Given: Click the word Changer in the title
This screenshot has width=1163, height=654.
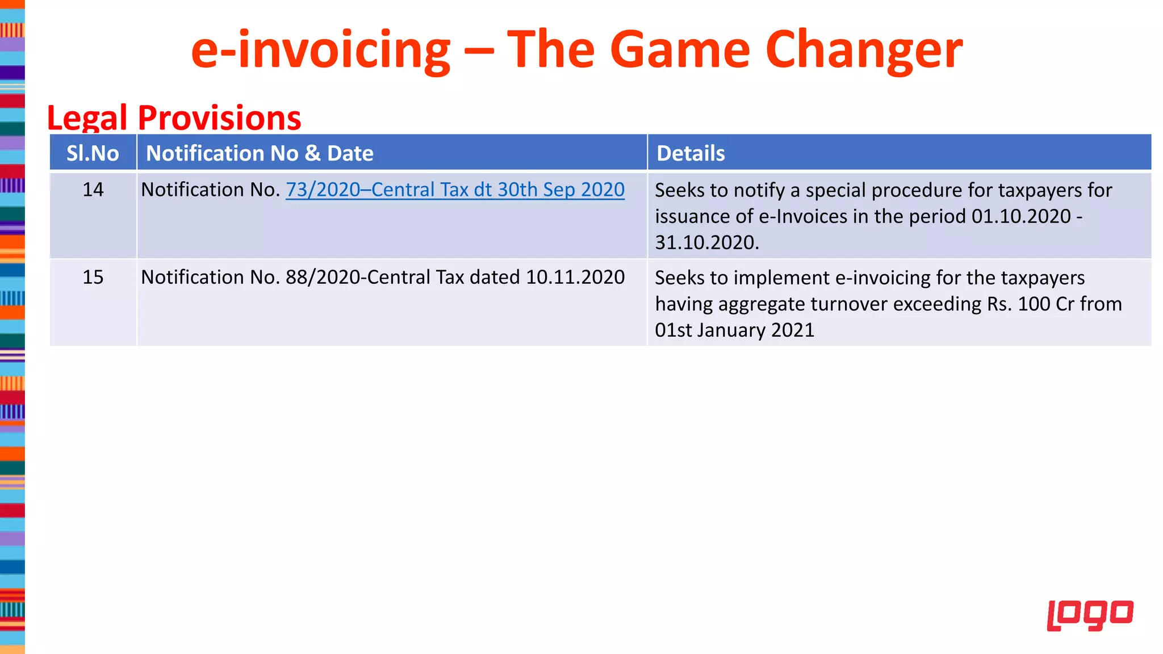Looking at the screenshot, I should (x=864, y=50).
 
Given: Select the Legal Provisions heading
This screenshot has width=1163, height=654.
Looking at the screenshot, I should (x=174, y=118).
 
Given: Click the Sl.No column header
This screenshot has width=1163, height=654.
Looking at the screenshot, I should (x=93, y=153).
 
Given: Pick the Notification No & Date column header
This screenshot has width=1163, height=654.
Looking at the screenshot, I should (x=260, y=153).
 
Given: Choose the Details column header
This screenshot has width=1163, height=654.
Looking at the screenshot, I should (x=691, y=153).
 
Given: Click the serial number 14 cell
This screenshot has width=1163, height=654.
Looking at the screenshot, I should (x=93, y=190).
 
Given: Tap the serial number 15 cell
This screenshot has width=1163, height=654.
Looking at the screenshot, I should (x=93, y=277).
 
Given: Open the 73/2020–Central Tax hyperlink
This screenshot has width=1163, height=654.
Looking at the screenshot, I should (x=455, y=190).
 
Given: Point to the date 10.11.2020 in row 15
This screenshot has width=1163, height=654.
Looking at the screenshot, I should (x=575, y=277).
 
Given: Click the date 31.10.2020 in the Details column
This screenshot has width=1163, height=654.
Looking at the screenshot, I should (x=706, y=242).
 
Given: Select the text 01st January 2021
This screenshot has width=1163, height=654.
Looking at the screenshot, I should (x=734, y=330).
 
